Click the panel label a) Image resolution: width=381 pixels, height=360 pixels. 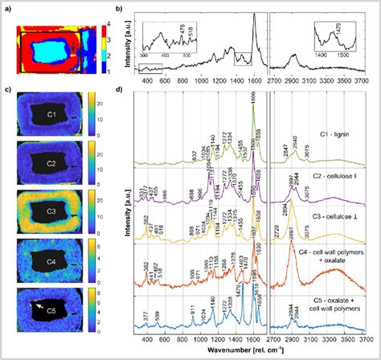6,7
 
